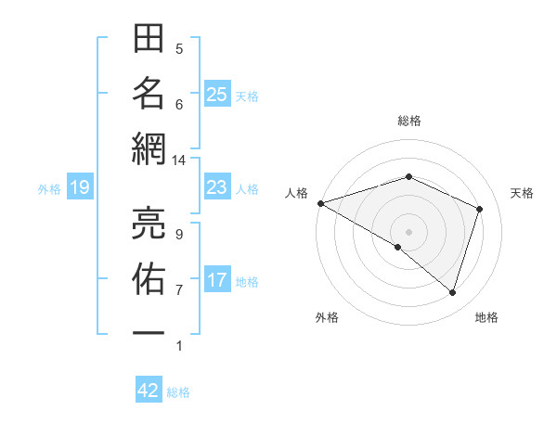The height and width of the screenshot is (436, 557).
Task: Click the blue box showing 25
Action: [x=217, y=95]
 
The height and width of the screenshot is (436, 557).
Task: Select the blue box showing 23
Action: [x=217, y=188]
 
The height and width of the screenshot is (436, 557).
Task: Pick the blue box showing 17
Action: [x=217, y=280]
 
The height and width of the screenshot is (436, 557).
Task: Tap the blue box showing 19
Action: [x=80, y=188]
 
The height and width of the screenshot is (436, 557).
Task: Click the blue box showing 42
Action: [x=149, y=391]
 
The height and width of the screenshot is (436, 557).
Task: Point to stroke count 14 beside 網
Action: [x=179, y=160]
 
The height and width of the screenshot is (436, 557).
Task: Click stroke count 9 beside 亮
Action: [x=179, y=234]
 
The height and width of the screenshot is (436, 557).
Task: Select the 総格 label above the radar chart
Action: [x=408, y=121]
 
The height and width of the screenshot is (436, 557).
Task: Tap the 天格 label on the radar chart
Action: [x=523, y=193]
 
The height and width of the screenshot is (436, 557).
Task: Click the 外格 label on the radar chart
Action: [x=327, y=317]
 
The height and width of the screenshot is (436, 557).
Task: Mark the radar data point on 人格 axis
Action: [x=320, y=203]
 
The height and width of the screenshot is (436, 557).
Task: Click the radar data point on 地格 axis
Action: [x=452, y=293]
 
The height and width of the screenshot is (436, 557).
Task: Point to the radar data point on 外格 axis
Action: [x=398, y=247]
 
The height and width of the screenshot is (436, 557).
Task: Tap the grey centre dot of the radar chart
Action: [x=408, y=231]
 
